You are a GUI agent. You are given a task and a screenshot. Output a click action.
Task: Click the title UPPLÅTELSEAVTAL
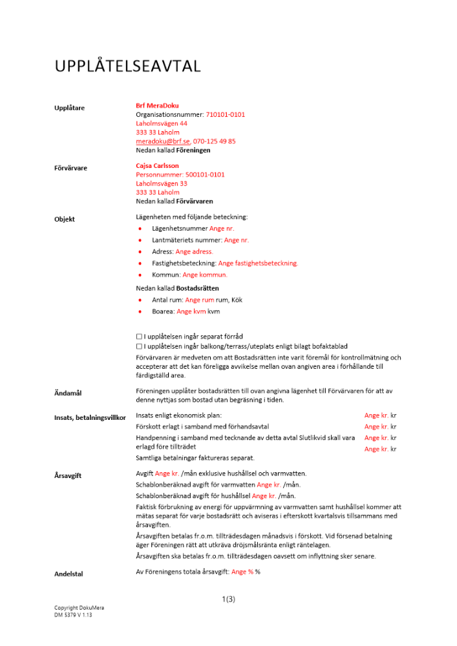point(127,67)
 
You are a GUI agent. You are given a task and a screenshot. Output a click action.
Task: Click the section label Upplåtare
point(69,108)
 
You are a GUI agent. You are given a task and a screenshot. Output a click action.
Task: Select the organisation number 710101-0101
point(226,114)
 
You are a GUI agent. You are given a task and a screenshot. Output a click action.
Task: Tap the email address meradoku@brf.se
point(162,141)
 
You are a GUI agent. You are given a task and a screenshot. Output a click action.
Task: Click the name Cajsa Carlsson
point(157,166)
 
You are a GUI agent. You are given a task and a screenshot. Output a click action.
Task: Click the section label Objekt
point(65,219)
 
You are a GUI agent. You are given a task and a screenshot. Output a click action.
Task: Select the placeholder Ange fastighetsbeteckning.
point(258,264)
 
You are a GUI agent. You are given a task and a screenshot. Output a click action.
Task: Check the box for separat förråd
point(139,337)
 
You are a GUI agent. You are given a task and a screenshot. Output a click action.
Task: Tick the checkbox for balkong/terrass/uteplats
point(139,347)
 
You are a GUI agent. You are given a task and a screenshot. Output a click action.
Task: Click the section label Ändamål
point(68,393)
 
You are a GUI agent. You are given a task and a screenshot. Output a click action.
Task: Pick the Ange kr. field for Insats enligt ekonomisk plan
point(376,416)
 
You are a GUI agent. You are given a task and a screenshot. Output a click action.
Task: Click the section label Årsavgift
point(68,475)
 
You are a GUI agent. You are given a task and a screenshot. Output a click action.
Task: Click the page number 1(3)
point(228,599)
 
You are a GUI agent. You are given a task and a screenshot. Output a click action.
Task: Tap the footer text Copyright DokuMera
point(79,608)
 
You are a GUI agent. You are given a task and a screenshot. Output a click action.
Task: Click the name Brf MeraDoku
point(157,105)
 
